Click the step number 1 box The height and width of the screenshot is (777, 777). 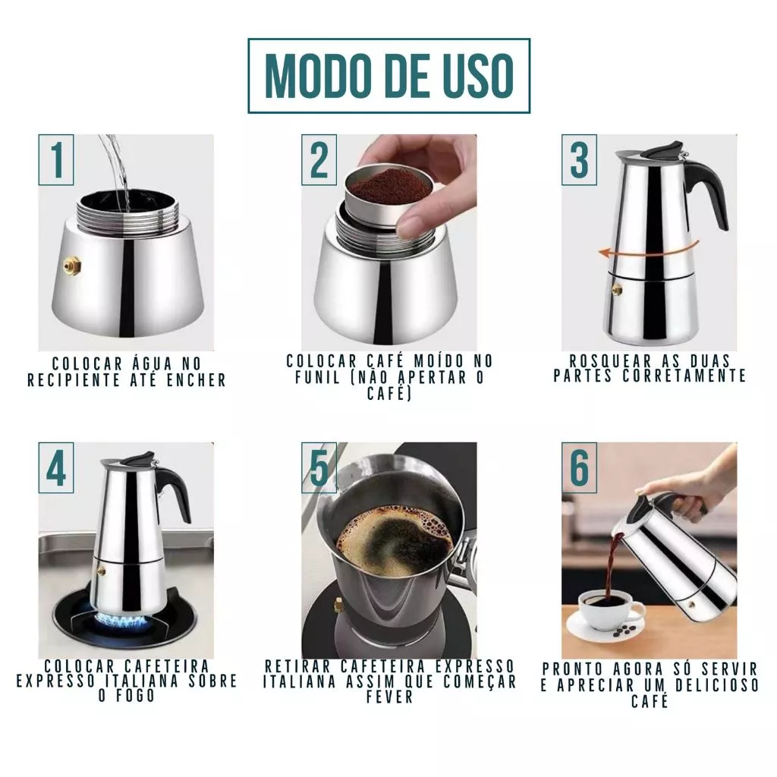tap(56, 159)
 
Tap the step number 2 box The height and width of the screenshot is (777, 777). tap(319, 159)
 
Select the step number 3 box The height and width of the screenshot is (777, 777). tap(579, 159)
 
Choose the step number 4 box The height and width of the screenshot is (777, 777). tap(56, 467)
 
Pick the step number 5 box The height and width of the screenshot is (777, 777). tap(319, 467)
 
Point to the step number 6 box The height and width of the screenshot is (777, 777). tap(579, 467)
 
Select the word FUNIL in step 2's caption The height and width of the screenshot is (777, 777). tap(317, 378)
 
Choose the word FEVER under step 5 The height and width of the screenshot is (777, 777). tap(389, 697)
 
